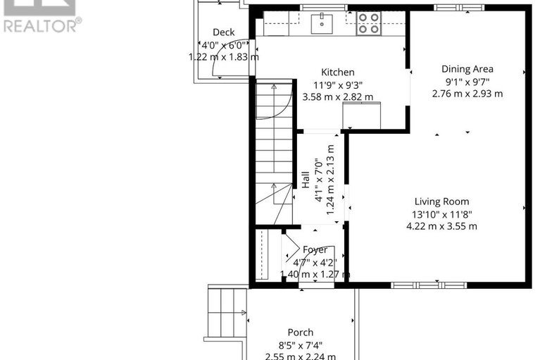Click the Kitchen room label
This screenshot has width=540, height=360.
[337, 72]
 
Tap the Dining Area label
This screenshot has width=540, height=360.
[467, 69]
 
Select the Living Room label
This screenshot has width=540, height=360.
[441, 201]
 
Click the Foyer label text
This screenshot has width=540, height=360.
[315, 250]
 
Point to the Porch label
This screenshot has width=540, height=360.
[300, 333]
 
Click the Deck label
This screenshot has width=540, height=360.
[224, 32]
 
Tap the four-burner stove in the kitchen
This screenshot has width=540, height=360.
[367, 23]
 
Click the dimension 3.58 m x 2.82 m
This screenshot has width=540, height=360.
[337, 97]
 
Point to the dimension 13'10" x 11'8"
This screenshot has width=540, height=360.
[441, 214]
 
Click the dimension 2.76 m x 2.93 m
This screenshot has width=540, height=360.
[467, 94]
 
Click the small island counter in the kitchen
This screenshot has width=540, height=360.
[361, 115]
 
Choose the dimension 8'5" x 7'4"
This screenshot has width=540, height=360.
[300, 345]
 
